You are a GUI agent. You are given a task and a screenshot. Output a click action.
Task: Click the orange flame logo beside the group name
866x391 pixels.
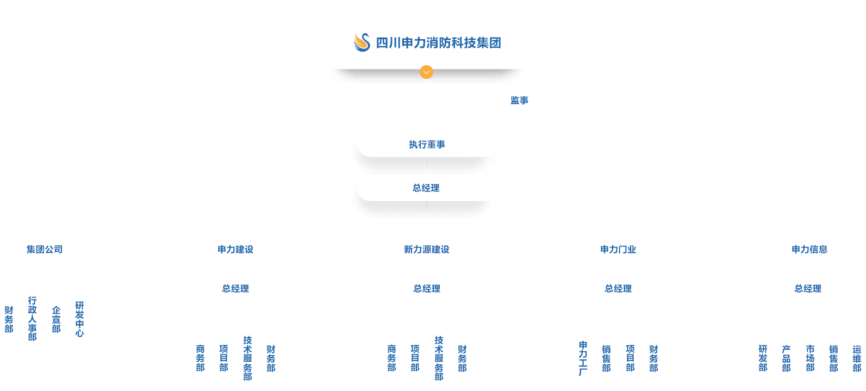(362, 42)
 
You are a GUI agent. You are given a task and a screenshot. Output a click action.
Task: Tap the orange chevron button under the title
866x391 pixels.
(427, 72)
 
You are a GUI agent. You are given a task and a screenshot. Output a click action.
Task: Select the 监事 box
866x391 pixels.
(519, 100)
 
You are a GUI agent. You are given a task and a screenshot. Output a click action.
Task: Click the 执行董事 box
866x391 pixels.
(427, 144)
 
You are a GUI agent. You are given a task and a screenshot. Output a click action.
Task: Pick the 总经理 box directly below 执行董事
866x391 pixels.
(427, 188)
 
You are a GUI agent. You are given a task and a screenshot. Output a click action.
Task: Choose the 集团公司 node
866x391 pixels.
(45, 249)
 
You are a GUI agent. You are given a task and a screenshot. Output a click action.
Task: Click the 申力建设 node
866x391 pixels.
(235, 249)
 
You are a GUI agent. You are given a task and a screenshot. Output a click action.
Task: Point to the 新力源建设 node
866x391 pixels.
(427, 249)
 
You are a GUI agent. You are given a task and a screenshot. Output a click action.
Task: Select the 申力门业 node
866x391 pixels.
(618, 249)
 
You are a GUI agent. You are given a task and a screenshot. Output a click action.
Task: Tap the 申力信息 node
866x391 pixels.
(809, 249)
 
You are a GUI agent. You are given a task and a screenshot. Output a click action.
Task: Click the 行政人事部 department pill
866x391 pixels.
(33, 319)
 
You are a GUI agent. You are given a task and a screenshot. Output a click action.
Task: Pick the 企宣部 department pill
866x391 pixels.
(56, 319)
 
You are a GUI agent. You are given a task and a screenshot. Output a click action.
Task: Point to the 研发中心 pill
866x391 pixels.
(79, 319)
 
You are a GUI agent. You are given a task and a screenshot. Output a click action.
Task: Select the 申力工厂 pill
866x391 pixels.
(583, 358)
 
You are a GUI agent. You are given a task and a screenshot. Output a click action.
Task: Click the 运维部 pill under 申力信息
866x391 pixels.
(857, 358)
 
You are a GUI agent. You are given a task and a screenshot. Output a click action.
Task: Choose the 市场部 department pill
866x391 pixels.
(810, 358)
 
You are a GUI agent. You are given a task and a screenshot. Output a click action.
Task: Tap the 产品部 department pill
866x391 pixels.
(786, 358)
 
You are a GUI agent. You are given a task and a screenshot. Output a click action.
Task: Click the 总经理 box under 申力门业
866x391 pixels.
(618, 288)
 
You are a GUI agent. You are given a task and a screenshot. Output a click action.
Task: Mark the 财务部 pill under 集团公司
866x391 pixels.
(9, 319)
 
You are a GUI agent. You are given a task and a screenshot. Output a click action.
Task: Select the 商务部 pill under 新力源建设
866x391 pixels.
(391, 358)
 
